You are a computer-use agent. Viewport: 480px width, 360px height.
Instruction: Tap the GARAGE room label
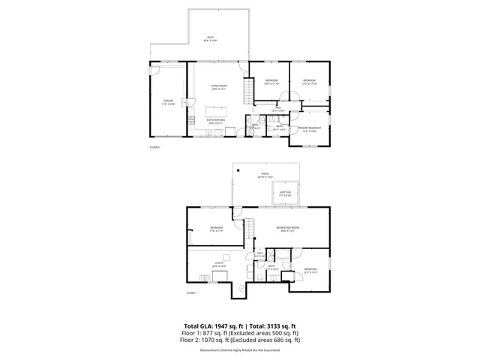169,100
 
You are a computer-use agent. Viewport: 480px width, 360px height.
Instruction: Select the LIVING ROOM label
218,88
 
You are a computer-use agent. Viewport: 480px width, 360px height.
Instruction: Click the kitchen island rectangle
218,106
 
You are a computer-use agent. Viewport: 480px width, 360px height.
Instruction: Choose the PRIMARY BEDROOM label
310,129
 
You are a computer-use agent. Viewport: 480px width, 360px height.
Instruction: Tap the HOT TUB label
285,193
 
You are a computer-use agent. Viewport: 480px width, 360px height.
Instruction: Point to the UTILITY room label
219,264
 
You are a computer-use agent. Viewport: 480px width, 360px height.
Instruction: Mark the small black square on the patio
236,171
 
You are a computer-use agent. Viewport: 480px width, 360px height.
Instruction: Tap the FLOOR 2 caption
154,148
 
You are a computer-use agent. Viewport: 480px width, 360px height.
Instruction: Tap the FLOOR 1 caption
191,292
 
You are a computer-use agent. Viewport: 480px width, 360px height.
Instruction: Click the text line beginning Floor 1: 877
240,333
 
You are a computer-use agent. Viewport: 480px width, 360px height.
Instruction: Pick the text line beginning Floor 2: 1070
240,340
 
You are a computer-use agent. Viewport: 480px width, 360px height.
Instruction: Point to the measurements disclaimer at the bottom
240,349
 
